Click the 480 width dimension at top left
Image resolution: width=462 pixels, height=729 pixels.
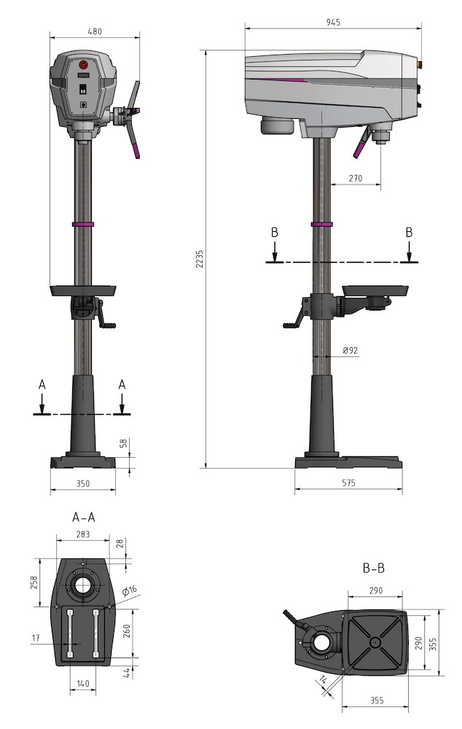[x=95, y=31]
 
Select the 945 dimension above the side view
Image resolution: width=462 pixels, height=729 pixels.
[x=332, y=23]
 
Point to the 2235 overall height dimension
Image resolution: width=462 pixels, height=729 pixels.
[x=199, y=260]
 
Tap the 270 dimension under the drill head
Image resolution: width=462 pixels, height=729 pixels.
[x=355, y=178]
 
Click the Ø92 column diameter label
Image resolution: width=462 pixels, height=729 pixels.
[x=350, y=351]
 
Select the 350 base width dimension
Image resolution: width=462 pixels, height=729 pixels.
[x=82, y=483]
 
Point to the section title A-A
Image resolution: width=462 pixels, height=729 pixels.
[x=83, y=517]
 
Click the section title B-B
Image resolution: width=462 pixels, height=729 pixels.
[x=375, y=566]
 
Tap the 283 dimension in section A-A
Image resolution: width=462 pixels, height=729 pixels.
[x=82, y=535]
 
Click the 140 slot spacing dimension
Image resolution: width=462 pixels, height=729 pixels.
[x=82, y=685]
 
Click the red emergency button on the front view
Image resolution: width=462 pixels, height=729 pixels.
[x=83, y=64]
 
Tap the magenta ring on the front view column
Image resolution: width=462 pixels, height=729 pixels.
[x=83, y=224]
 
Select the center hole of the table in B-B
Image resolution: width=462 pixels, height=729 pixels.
[x=374, y=642]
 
